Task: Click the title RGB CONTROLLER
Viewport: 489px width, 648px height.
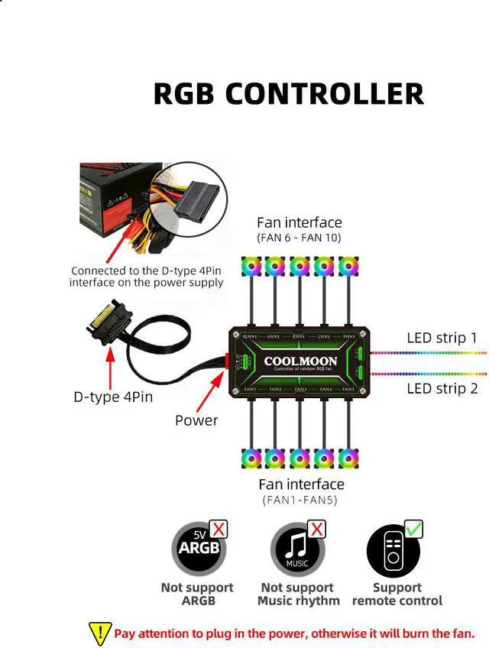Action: pyautogui.click(x=288, y=93)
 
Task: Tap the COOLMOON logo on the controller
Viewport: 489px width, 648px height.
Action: pyautogui.click(x=300, y=361)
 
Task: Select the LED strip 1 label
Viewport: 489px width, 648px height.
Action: pyautogui.click(x=442, y=337)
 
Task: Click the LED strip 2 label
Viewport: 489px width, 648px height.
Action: pyautogui.click(x=442, y=388)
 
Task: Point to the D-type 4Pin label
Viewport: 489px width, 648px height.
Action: pyautogui.click(x=113, y=397)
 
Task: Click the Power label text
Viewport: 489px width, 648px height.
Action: pyautogui.click(x=196, y=420)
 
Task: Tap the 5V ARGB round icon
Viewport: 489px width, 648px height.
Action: pyautogui.click(x=197, y=549)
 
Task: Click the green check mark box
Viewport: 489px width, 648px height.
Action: pyautogui.click(x=413, y=528)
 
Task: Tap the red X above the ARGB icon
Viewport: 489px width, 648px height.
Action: pyautogui.click(x=219, y=528)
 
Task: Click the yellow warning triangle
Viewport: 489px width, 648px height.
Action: pyautogui.click(x=100, y=633)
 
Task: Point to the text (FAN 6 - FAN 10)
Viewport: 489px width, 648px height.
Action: pyautogui.click(x=299, y=238)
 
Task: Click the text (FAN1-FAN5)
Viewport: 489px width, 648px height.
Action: pyautogui.click(x=300, y=501)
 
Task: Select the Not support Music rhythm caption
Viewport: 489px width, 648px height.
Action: pyautogui.click(x=298, y=594)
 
